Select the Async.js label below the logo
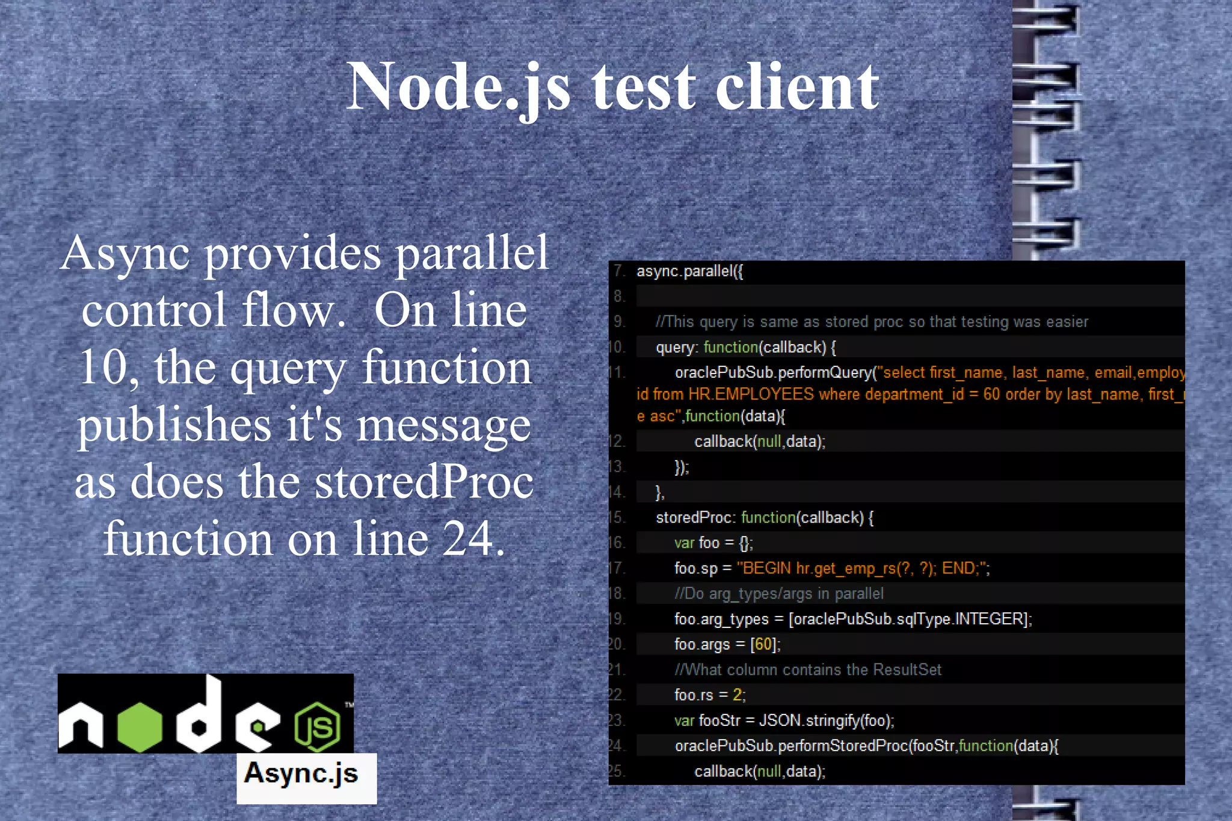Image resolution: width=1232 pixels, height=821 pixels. pos(301,773)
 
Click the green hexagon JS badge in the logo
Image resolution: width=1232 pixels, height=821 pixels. pos(317,727)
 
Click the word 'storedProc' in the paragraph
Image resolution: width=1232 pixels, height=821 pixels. pos(425,482)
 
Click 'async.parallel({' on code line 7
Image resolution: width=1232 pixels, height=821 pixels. pos(689,271)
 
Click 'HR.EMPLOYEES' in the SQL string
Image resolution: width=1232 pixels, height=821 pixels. pos(751,395)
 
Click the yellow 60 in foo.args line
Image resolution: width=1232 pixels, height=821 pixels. pos(763,644)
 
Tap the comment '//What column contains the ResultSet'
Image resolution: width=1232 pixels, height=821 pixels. pos(807,669)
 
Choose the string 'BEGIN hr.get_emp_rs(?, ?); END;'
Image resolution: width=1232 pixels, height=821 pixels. pos(863,568)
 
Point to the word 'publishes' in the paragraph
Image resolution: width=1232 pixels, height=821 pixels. pos(174,425)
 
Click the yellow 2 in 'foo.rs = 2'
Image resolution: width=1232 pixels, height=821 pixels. pos(738,695)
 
